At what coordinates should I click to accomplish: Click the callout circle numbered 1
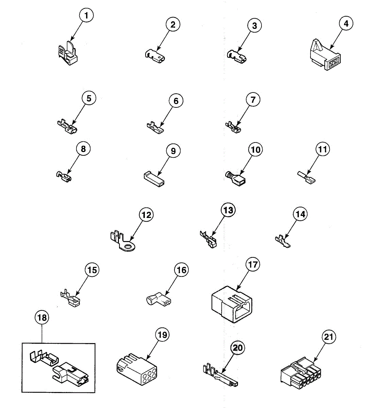coord(86,15)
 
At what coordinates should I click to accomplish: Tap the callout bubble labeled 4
coord(346,24)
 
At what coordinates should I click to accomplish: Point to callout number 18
coord(42,318)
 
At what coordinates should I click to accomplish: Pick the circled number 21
coord(329,337)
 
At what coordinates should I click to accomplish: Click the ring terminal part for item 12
coord(123,244)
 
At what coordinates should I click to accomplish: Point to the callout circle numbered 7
coord(253,100)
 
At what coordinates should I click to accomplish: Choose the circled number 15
coord(92,270)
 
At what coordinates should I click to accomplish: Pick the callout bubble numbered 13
coord(228,210)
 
